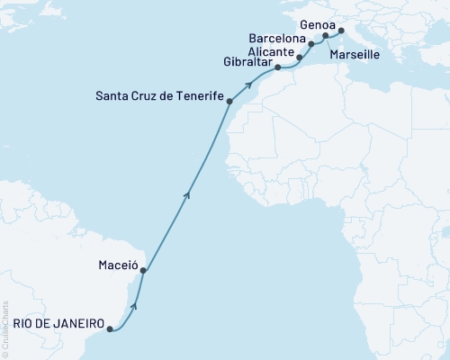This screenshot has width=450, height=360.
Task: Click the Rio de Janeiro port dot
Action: pyautogui.click(x=110, y=329)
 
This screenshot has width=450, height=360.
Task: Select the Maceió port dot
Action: pyautogui.click(x=143, y=271)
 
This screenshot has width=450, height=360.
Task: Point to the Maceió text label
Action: pyautogui.click(x=116, y=265)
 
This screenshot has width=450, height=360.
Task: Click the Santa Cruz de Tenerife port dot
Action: pyautogui.click(x=231, y=103)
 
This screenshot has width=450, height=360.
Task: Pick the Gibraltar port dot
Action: pyautogui.click(x=277, y=67)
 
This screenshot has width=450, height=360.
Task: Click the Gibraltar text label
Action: pyautogui.click(x=244, y=61)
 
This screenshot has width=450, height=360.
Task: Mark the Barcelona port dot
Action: pyautogui.click(x=311, y=43)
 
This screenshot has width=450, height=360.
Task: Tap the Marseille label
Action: pyautogui.click(x=354, y=55)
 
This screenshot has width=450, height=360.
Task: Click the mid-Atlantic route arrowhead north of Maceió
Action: pyautogui.click(x=187, y=192)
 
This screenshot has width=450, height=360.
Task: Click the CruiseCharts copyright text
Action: pyautogui.click(x=5, y=328)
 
